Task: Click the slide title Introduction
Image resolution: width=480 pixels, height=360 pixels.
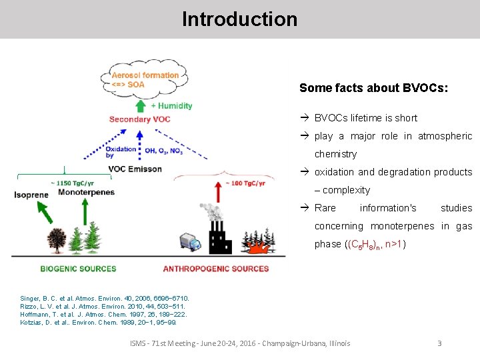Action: pyautogui.click(x=239, y=19)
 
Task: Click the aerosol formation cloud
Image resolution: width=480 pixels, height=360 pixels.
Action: pyautogui.click(x=145, y=80)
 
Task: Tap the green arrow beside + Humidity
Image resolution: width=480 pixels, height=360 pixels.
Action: pyautogui.click(x=140, y=106)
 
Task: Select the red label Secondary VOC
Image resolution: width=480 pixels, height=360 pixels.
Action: pyautogui.click(x=139, y=119)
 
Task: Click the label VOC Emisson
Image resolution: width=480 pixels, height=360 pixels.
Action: pyautogui.click(x=135, y=169)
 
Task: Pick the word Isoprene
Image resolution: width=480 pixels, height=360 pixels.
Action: pyautogui.click(x=31, y=195)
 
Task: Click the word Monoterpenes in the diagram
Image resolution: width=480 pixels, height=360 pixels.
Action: pyautogui.click(x=86, y=192)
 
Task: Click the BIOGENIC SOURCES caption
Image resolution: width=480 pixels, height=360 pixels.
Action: pyautogui.click(x=78, y=269)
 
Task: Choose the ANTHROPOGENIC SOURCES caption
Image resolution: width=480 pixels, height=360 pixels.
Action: pyautogui.click(x=216, y=269)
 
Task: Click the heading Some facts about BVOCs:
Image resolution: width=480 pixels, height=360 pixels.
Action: pyautogui.click(x=373, y=88)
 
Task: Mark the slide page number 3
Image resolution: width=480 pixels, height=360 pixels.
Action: pyautogui.click(x=439, y=343)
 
